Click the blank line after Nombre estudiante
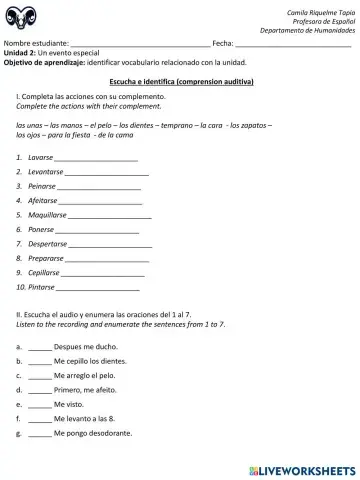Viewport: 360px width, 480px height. [x=140, y=44]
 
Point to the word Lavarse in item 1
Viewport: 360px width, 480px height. [x=40, y=158]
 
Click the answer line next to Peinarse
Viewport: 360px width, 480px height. [x=99, y=187]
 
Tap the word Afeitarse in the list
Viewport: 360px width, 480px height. [x=43, y=201]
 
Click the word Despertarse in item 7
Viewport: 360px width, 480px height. [x=47, y=243]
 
